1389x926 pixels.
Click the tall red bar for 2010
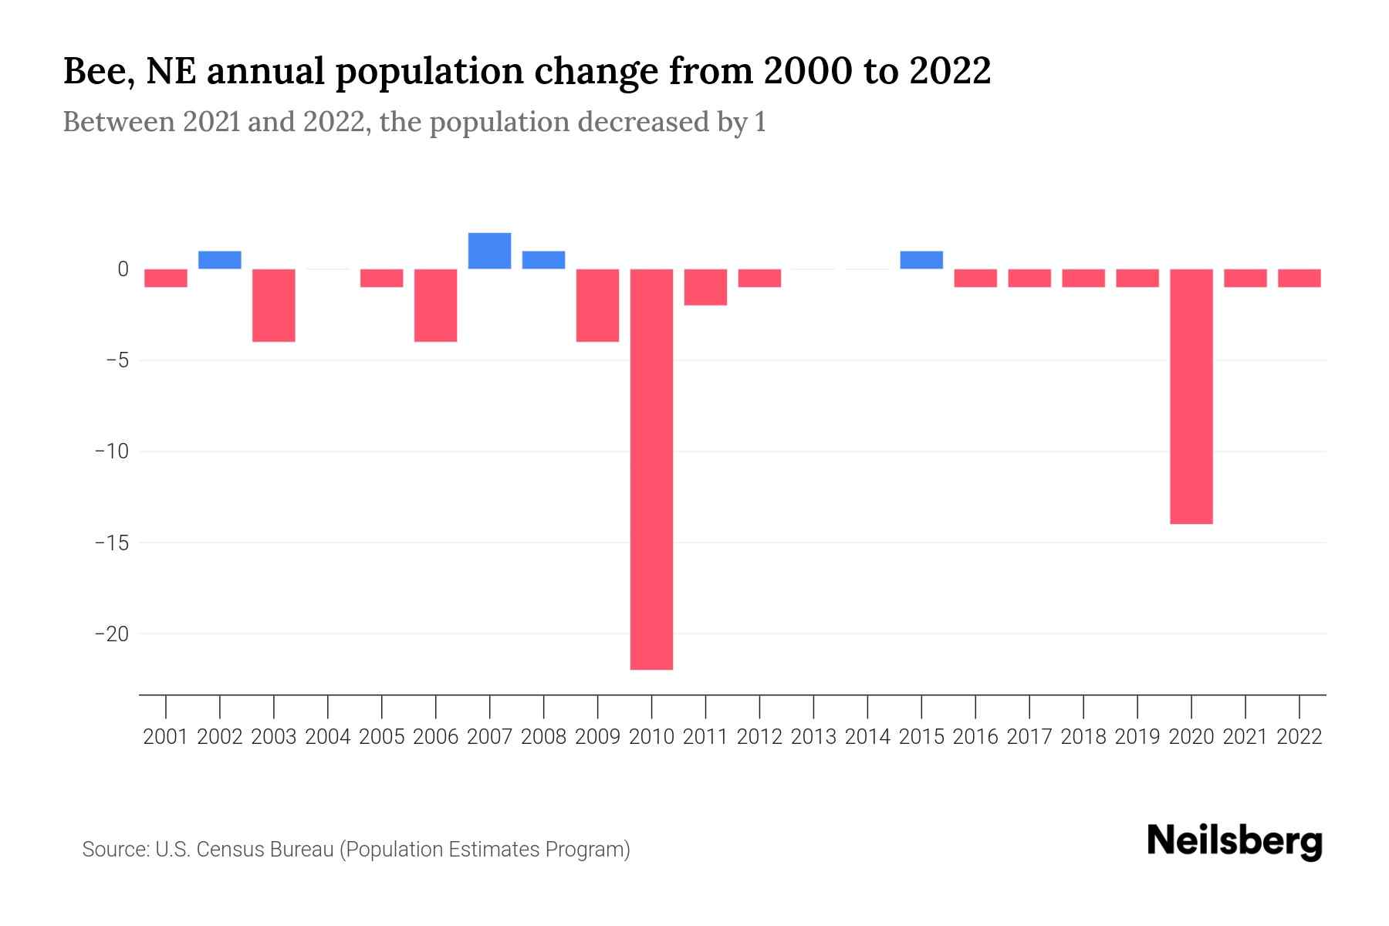651,469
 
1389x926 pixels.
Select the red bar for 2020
1191,397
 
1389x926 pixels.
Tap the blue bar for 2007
489,251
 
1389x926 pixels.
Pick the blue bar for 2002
220,260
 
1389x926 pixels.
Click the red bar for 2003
274,306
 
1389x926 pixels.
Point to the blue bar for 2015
921,260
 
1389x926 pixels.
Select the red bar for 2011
705,287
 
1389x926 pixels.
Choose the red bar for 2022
1299,278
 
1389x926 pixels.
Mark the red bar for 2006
436,306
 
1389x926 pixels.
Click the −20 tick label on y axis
111,634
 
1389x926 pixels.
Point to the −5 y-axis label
116,360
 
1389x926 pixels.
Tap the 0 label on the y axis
123,269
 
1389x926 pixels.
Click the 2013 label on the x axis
813,737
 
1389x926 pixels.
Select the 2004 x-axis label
328,737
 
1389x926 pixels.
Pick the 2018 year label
1083,737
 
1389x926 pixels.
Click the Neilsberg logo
1235,842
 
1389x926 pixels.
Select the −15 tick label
111,543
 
